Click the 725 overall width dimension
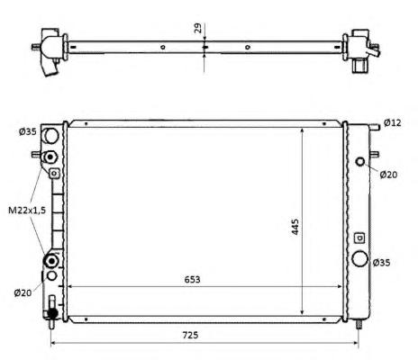pos(191,335)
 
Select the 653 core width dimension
pos(192,279)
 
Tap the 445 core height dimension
pos(295,227)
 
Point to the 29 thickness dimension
pos(198,28)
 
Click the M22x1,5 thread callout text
pos(27,211)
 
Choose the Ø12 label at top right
pos(393,122)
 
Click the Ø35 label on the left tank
pos(28,131)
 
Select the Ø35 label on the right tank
pos(381,263)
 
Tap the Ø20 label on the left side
pos(23,292)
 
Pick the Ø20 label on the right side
pos(388,175)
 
